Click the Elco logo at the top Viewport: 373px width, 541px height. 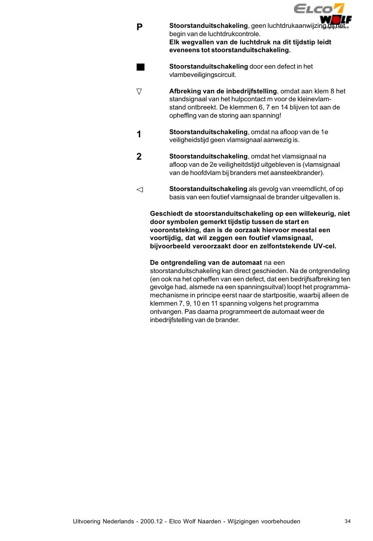click(x=319, y=9)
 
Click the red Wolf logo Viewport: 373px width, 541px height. click(x=336, y=20)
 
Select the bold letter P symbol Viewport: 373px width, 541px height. click(x=139, y=27)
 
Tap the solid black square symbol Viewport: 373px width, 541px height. click(x=141, y=67)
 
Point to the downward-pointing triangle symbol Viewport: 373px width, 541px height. click(x=139, y=91)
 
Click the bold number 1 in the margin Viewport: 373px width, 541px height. click(x=139, y=134)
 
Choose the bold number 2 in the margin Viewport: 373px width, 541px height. click(x=139, y=157)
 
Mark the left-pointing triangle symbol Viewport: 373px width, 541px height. click(x=140, y=189)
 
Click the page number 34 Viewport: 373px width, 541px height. click(x=347, y=521)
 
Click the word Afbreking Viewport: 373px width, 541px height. click(x=185, y=91)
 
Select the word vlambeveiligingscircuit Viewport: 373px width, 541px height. click(x=202, y=75)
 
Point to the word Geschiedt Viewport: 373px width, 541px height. click(x=166, y=213)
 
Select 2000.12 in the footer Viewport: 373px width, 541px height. click(x=148, y=521)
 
